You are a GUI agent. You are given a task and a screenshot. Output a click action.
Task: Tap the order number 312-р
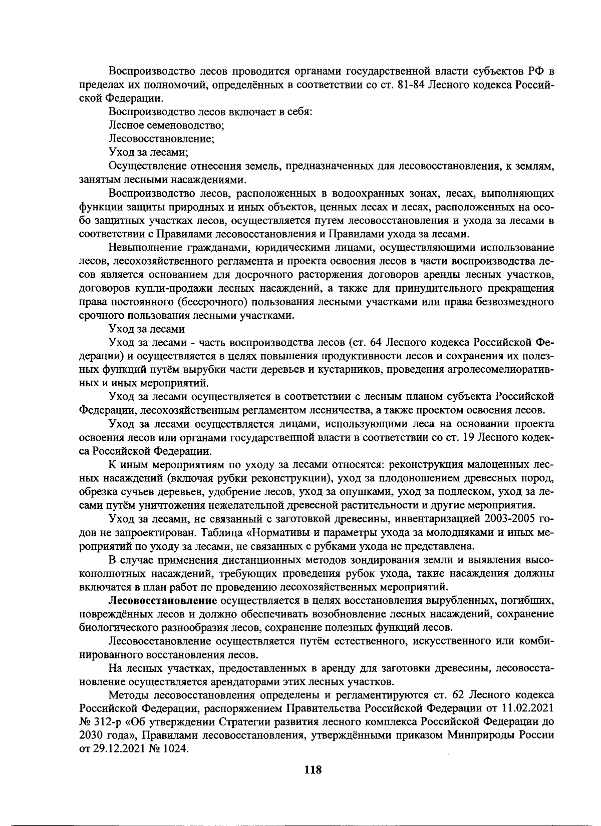point(108,722)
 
